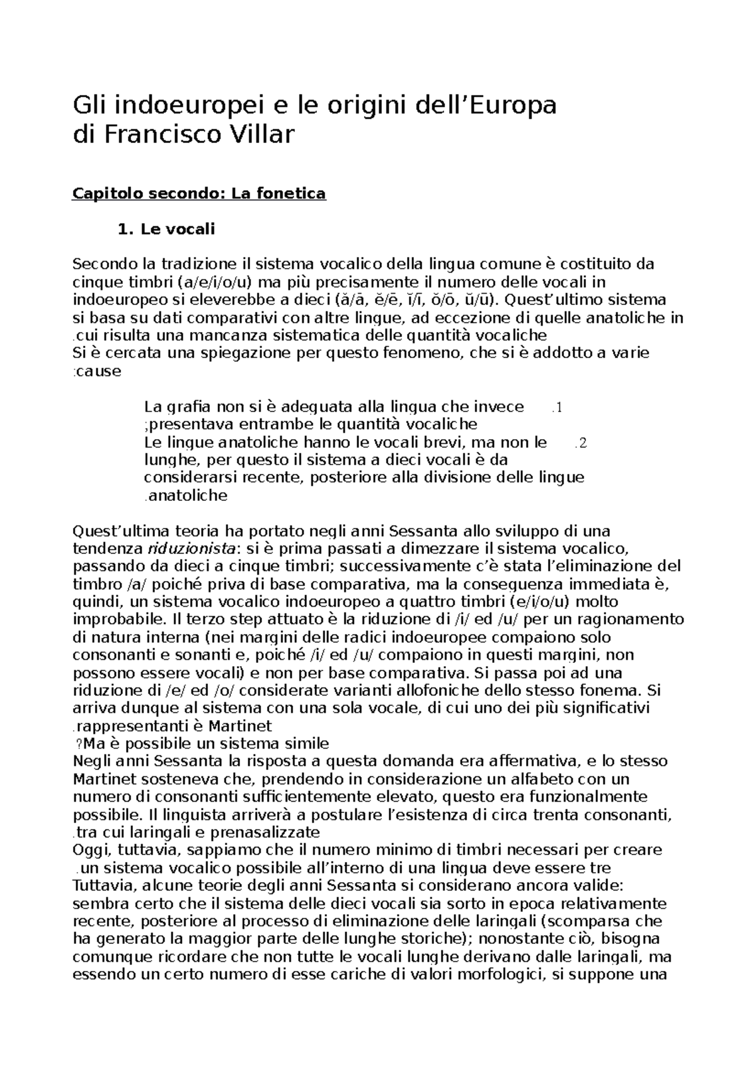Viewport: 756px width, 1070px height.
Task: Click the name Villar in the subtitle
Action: tap(260, 134)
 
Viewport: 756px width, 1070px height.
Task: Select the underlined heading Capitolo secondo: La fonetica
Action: tap(200, 193)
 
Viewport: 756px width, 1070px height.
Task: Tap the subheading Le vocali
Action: tap(177, 229)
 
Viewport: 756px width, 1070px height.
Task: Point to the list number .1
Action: tap(556, 408)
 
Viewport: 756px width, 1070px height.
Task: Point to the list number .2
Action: tap(581, 443)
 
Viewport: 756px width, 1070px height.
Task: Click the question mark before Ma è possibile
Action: tap(79, 743)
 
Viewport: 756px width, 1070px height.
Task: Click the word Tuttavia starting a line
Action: tap(102, 885)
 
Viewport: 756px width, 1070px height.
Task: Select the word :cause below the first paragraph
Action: tap(98, 371)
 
